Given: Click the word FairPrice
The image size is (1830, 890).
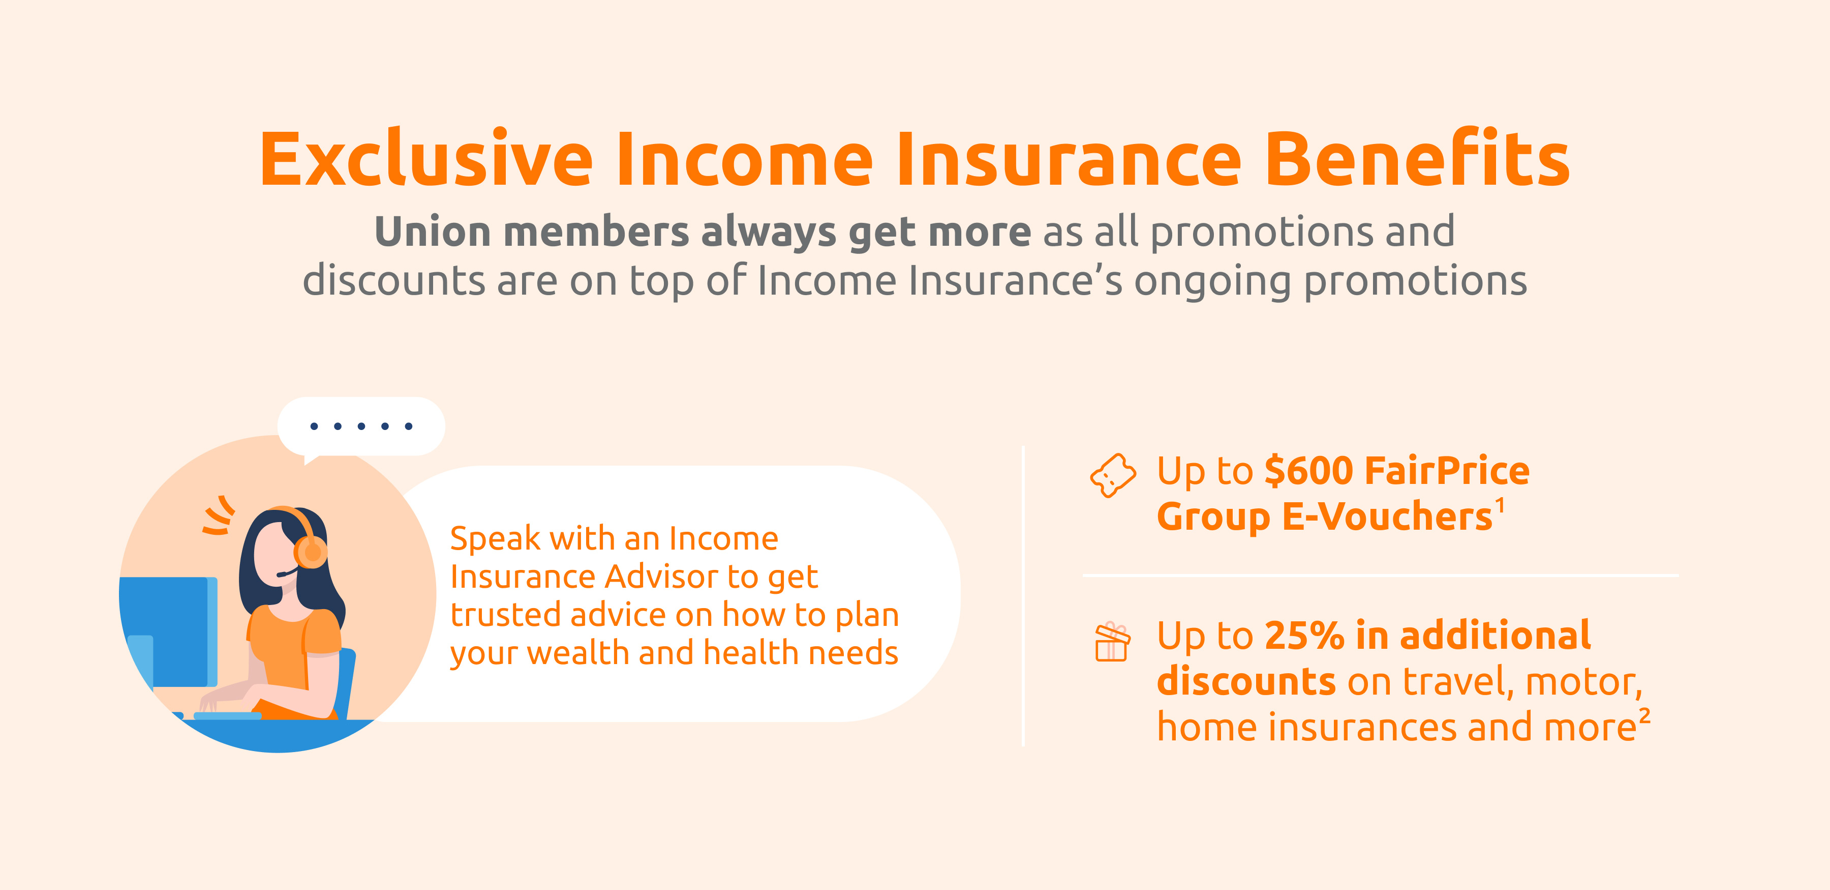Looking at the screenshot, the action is tap(1447, 471).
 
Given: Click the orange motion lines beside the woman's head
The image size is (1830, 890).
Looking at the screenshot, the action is tap(219, 515).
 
